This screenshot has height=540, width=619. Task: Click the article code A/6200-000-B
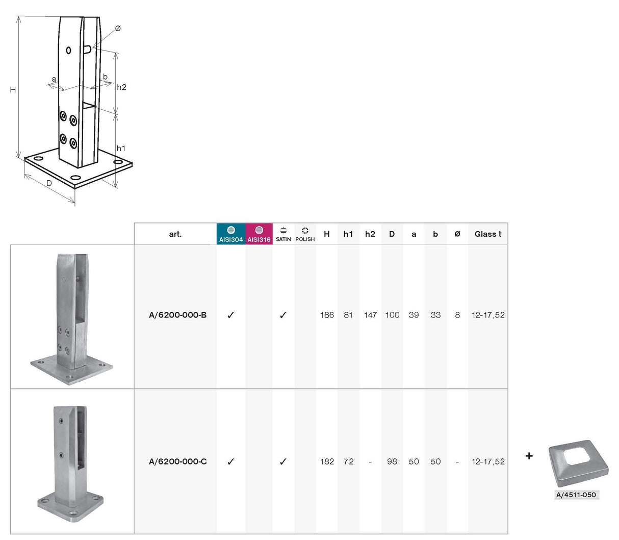pos(177,315)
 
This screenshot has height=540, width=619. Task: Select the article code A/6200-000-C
pos(177,461)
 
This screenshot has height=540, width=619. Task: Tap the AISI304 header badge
pos(231,234)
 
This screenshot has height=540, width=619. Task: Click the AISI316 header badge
pos(259,234)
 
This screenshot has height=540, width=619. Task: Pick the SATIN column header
pos(283,234)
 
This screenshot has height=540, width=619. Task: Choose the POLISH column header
pos(305,234)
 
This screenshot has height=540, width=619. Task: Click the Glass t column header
pos(487,234)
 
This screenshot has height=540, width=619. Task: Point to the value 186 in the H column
pos(327,315)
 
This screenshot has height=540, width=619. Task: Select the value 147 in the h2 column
pos(370,315)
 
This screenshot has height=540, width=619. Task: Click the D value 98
pos(392,461)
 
